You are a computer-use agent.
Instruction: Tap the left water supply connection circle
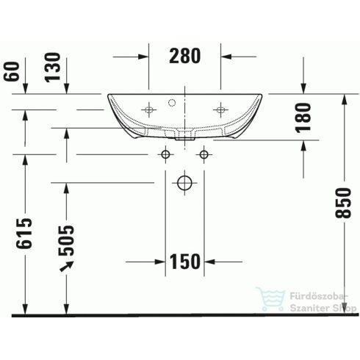(x=166, y=155)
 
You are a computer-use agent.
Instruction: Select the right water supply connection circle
(x=204, y=155)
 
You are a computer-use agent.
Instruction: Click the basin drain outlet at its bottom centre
(x=184, y=135)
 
